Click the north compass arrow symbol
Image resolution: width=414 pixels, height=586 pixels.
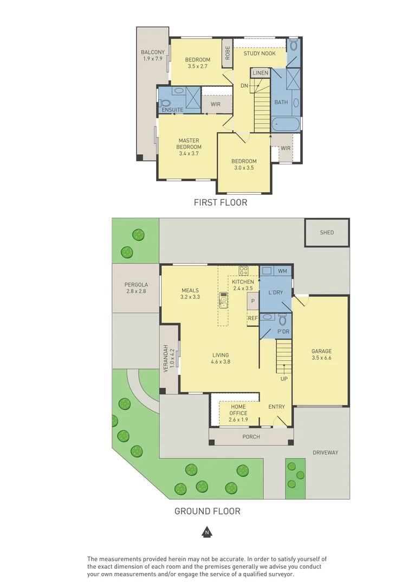click(206, 532)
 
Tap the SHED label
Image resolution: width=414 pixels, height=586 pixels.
click(327, 232)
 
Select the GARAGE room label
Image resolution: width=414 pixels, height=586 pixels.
click(321, 351)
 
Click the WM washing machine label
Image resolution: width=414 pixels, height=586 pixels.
click(282, 270)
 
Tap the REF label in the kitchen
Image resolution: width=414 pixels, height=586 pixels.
click(253, 319)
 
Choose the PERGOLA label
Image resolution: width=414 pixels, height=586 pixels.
click(136, 284)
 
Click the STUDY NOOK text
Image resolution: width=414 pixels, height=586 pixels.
click(259, 53)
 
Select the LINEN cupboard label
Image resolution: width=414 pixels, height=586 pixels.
click(260, 73)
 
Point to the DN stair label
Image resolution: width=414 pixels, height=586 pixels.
click(244, 86)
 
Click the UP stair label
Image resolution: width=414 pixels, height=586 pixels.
click(284, 379)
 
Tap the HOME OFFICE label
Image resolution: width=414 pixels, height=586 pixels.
click(238, 406)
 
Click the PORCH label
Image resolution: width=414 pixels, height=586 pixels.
click(251, 437)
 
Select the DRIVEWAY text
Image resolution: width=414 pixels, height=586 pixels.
click(325, 453)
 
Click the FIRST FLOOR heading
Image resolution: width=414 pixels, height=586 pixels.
click(221, 202)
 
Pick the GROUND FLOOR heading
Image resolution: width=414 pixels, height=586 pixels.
click(207, 511)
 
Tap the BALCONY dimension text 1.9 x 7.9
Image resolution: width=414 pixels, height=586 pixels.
click(152, 59)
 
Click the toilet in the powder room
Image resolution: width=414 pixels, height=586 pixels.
click(282, 320)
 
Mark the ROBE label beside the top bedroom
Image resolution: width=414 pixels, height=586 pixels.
click(228, 53)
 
